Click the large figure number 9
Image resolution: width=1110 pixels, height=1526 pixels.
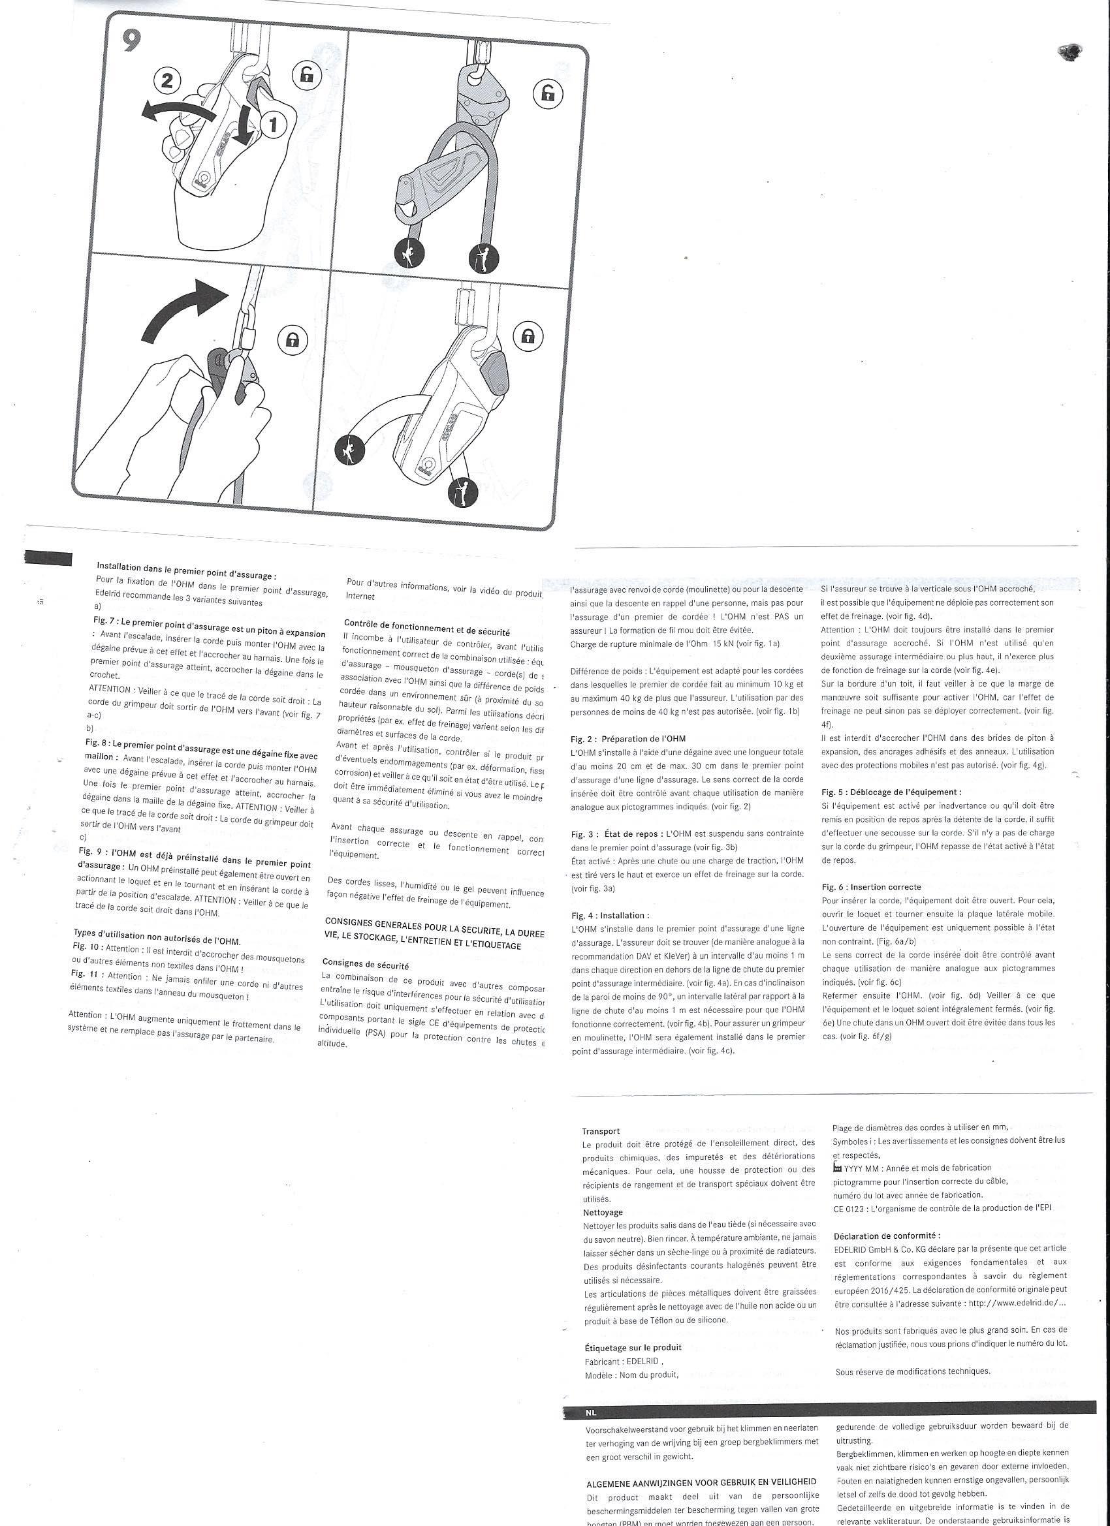pyautogui.click(x=133, y=42)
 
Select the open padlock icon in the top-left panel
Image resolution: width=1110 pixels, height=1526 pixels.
pyautogui.click(x=307, y=75)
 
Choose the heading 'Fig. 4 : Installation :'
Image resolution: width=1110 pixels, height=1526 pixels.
pyautogui.click(x=610, y=915)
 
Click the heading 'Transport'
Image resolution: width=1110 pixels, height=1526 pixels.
pyautogui.click(x=601, y=1132)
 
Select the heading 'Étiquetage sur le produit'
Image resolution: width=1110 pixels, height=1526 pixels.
pyautogui.click(x=633, y=1347)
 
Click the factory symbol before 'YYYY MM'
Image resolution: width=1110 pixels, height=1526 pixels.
pyautogui.click(x=837, y=1167)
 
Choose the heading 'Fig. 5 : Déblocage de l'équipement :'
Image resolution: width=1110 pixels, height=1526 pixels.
pyautogui.click(x=891, y=792)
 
